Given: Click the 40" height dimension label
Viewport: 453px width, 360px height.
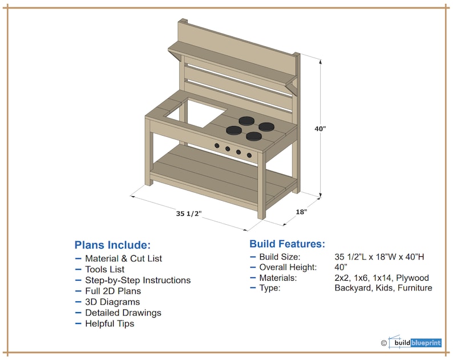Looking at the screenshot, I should tap(320, 128).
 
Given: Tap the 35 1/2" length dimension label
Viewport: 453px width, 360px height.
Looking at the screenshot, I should tap(189, 214).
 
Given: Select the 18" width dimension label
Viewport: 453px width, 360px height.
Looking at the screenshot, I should tap(301, 212).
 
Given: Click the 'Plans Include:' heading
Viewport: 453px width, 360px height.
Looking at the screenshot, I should tap(112, 245).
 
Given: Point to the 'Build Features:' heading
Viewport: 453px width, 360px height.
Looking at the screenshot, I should tap(288, 244).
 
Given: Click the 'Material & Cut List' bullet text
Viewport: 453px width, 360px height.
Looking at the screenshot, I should tap(123, 258).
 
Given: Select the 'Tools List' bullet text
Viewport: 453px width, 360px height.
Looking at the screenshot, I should tap(104, 269).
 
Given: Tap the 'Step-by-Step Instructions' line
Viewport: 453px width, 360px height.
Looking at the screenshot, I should tap(137, 280).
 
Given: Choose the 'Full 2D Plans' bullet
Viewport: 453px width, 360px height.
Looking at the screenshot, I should tap(111, 291).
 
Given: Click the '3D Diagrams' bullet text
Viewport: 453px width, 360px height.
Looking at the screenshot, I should tap(112, 302).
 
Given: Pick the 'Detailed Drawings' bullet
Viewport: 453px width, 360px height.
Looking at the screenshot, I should tap(123, 313).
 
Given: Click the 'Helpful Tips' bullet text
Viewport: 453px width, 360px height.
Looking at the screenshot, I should tap(110, 323).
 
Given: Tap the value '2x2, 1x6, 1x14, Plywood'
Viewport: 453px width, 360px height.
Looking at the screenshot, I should tap(382, 278).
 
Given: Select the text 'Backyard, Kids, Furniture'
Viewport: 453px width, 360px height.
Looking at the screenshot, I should tap(383, 288).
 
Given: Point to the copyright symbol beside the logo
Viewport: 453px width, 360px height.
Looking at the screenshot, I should tap(384, 343).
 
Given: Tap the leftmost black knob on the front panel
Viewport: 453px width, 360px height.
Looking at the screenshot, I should tap(217, 147).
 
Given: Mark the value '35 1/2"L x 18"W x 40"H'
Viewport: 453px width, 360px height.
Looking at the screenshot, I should tap(379, 257).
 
